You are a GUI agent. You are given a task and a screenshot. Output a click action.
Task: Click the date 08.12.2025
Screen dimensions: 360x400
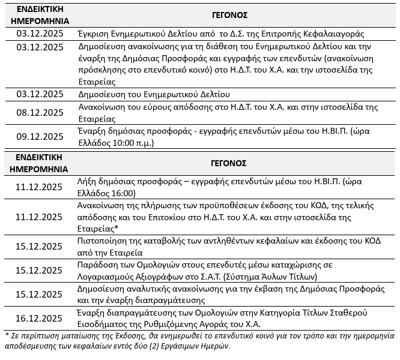point(41,113)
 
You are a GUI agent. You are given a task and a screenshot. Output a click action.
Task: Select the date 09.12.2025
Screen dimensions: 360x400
point(41,136)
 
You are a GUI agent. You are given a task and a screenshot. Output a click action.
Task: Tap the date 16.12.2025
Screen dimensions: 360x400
point(41,318)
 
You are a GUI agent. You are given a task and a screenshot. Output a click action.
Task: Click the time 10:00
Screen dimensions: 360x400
point(122,143)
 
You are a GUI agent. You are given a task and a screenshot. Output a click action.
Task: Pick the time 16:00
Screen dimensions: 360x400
point(122,193)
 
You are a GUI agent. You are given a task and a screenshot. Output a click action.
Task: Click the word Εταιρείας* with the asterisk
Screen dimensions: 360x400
point(101,229)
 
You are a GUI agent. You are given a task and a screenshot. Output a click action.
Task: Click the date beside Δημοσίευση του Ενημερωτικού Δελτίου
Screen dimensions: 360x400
point(41,94)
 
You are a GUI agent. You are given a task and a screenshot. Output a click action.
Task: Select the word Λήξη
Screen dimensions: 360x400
point(88,182)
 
